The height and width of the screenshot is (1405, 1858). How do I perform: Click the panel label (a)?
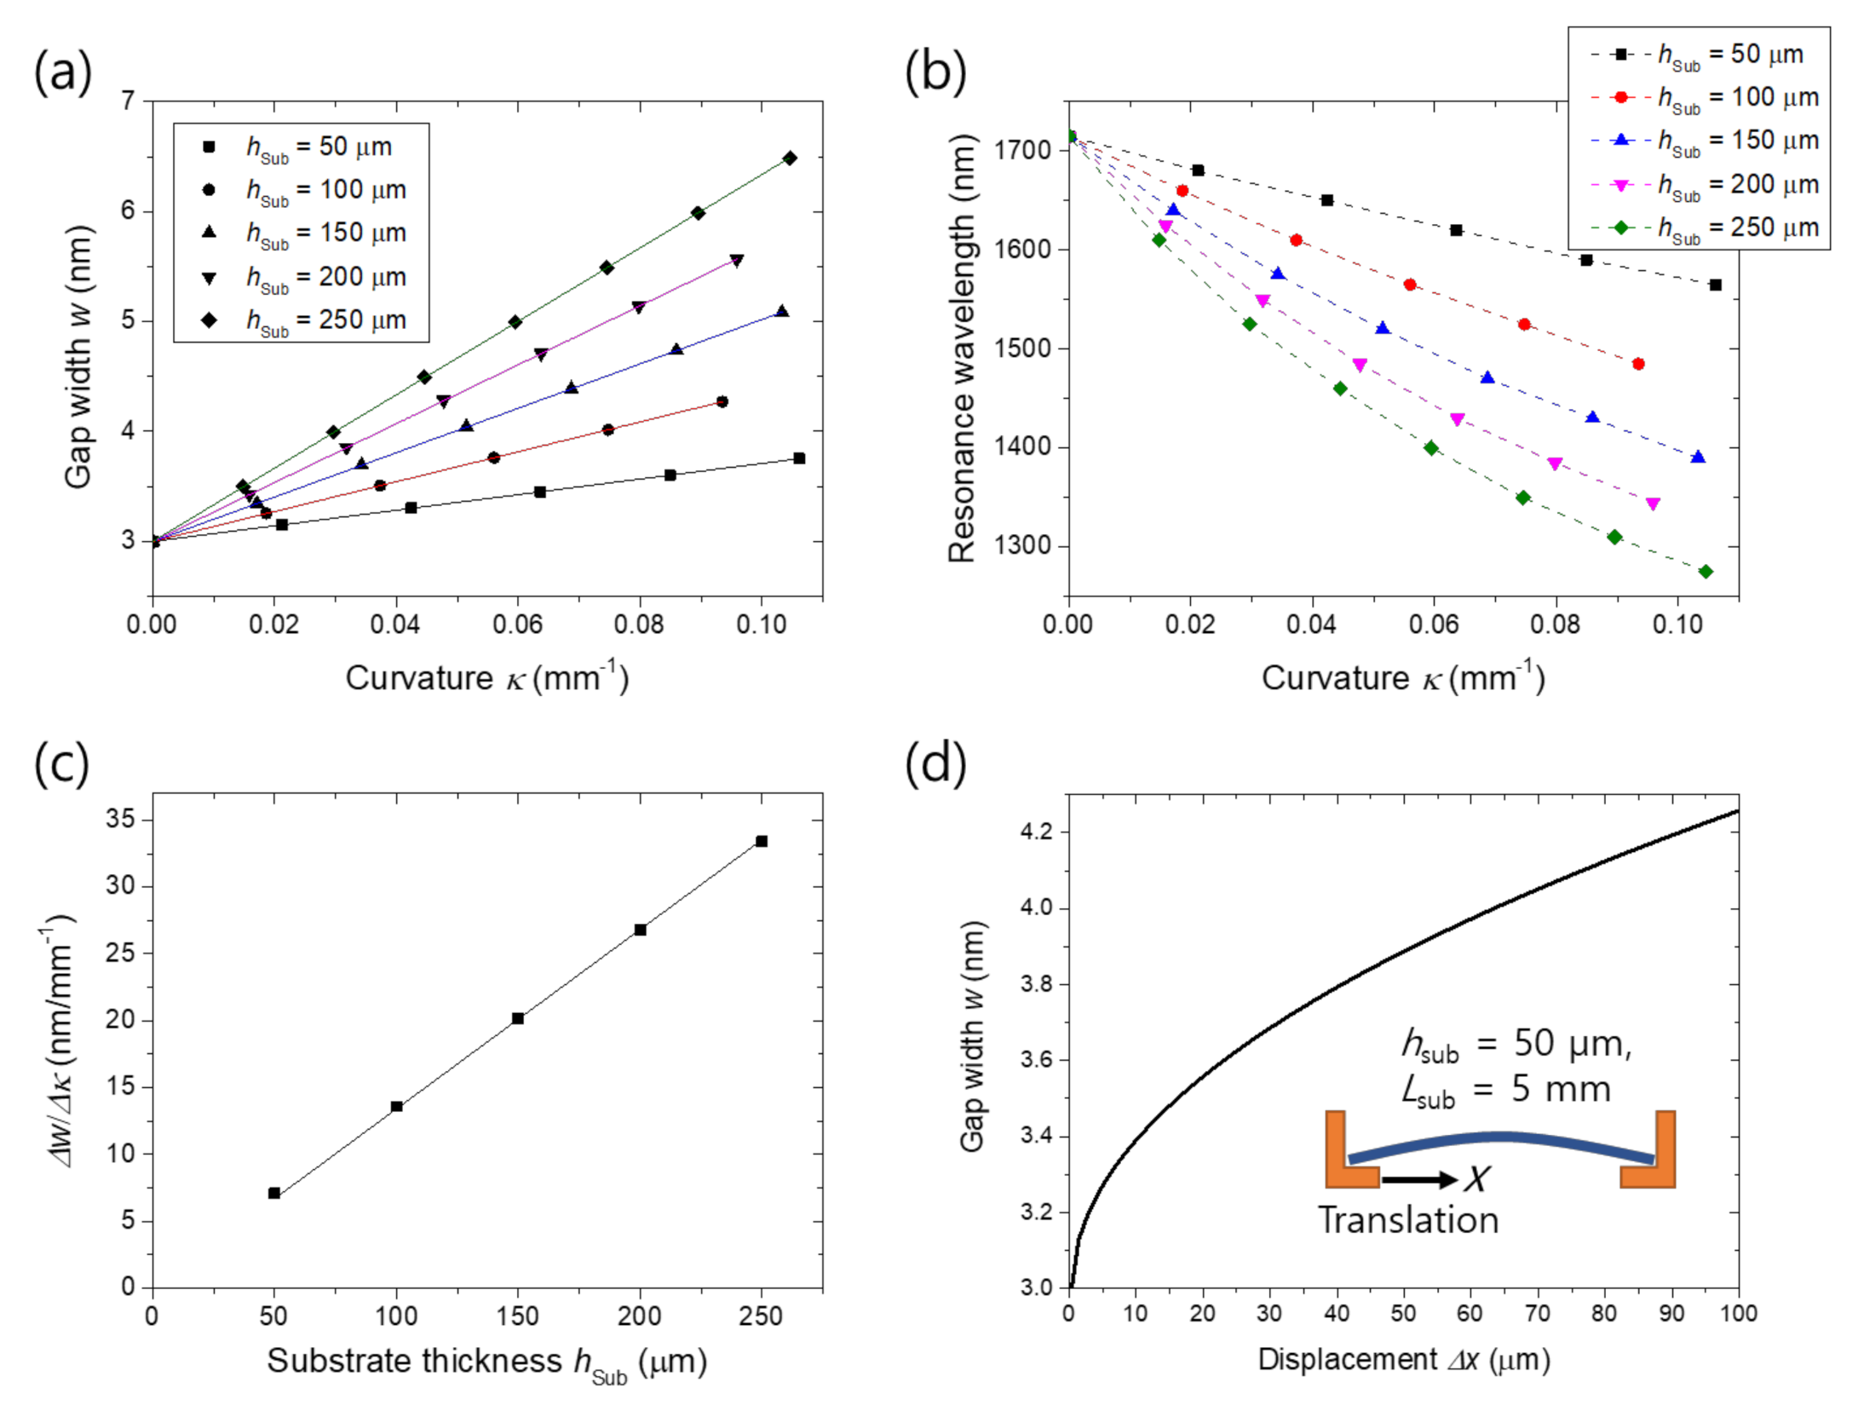pyautogui.click(x=62, y=72)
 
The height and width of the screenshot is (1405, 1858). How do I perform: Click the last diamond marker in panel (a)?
pyautogui.click(x=790, y=158)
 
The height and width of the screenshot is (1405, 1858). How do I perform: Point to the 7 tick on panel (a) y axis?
pyautogui.click(x=128, y=101)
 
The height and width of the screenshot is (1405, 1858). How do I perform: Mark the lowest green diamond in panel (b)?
pyautogui.click(x=1706, y=572)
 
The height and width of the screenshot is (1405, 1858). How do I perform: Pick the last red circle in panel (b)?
pyautogui.click(x=1638, y=364)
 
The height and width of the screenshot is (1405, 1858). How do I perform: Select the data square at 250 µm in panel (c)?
pyautogui.click(x=762, y=841)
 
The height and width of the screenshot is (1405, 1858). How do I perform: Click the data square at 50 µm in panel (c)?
pyautogui.click(x=274, y=1193)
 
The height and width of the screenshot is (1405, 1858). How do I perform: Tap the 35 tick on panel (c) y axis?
pyautogui.click(x=119, y=820)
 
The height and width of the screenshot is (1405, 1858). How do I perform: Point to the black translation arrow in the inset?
pyautogui.click(x=1419, y=1179)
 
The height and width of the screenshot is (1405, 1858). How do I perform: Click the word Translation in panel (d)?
pyautogui.click(x=1408, y=1220)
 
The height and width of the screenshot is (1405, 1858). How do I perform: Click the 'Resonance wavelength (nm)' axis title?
pyautogui.click(x=963, y=348)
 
